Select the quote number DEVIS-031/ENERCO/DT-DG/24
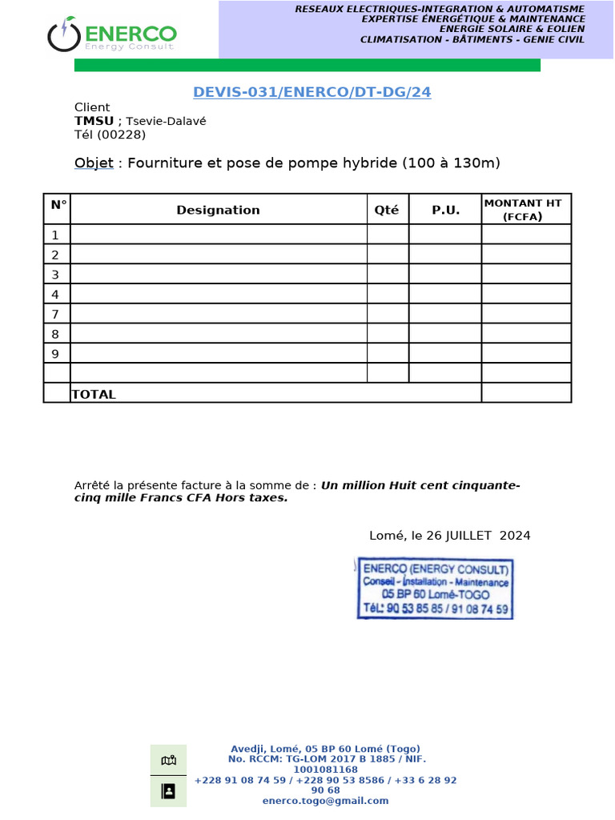coord(312,92)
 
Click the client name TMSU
coord(94,121)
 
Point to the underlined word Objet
coord(94,163)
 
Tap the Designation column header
coord(218,210)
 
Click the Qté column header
coord(387,210)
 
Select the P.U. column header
coord(445,210)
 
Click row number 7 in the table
coord(55,314)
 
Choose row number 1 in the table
coord(55,235)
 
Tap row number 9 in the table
coord(55,353)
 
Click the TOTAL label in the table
coord(94,394)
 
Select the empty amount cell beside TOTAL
coord(525,393)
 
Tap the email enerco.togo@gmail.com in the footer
coord(325,800)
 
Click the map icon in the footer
coord(168,760)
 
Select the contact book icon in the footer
coord(168,791)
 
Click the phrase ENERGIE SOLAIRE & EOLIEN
coord(472,29)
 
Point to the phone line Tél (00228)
coord(110,135)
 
